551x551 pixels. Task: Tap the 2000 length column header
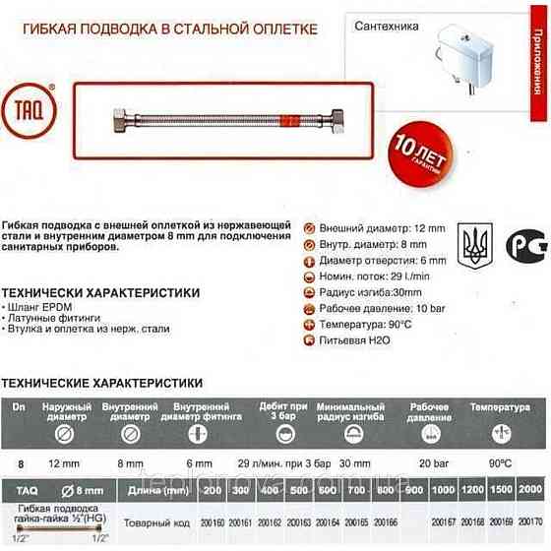[x=529, y=488]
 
